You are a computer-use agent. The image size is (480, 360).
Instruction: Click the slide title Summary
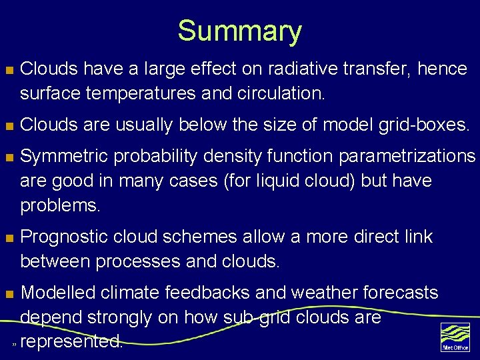click(x=239, y=31)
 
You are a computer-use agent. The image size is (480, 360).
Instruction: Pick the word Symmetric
click(x=64, y=156)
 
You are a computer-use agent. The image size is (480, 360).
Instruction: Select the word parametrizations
click(x=407, y=156)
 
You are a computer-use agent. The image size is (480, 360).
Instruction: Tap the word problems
click(x=60, y=205)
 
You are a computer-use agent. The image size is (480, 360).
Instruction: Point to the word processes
click(x=141, y=261)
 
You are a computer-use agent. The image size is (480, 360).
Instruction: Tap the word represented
click(x=71, y=341)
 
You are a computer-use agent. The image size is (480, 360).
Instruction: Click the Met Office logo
click(x=455, y=337)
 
